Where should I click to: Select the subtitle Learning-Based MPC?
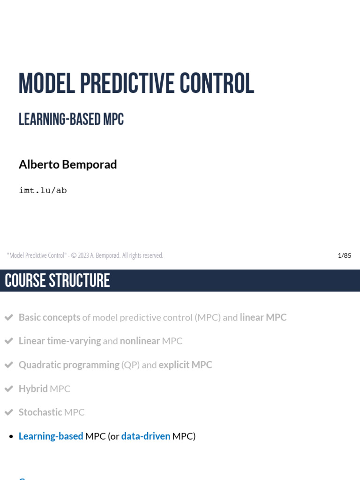(71, 120)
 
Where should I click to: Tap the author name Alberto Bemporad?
(67, 165)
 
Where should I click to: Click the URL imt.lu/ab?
(43, 190)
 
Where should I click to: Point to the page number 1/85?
(344, 255)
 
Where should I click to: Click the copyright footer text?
(85, 255)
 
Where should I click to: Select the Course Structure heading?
(57, 281)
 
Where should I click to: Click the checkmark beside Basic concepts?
(8, 317)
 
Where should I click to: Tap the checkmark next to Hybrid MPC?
(8, 389)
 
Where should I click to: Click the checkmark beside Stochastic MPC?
(8, 412)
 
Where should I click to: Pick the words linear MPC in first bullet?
(263, 317)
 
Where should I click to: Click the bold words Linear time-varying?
(60, 341)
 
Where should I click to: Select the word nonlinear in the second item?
(140, 341)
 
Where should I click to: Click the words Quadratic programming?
(69, 365)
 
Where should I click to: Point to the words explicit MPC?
(185, 365)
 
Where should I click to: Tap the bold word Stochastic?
(40, 412)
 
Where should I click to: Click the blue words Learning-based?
(51, 436)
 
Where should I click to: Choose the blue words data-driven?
(145, 436)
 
